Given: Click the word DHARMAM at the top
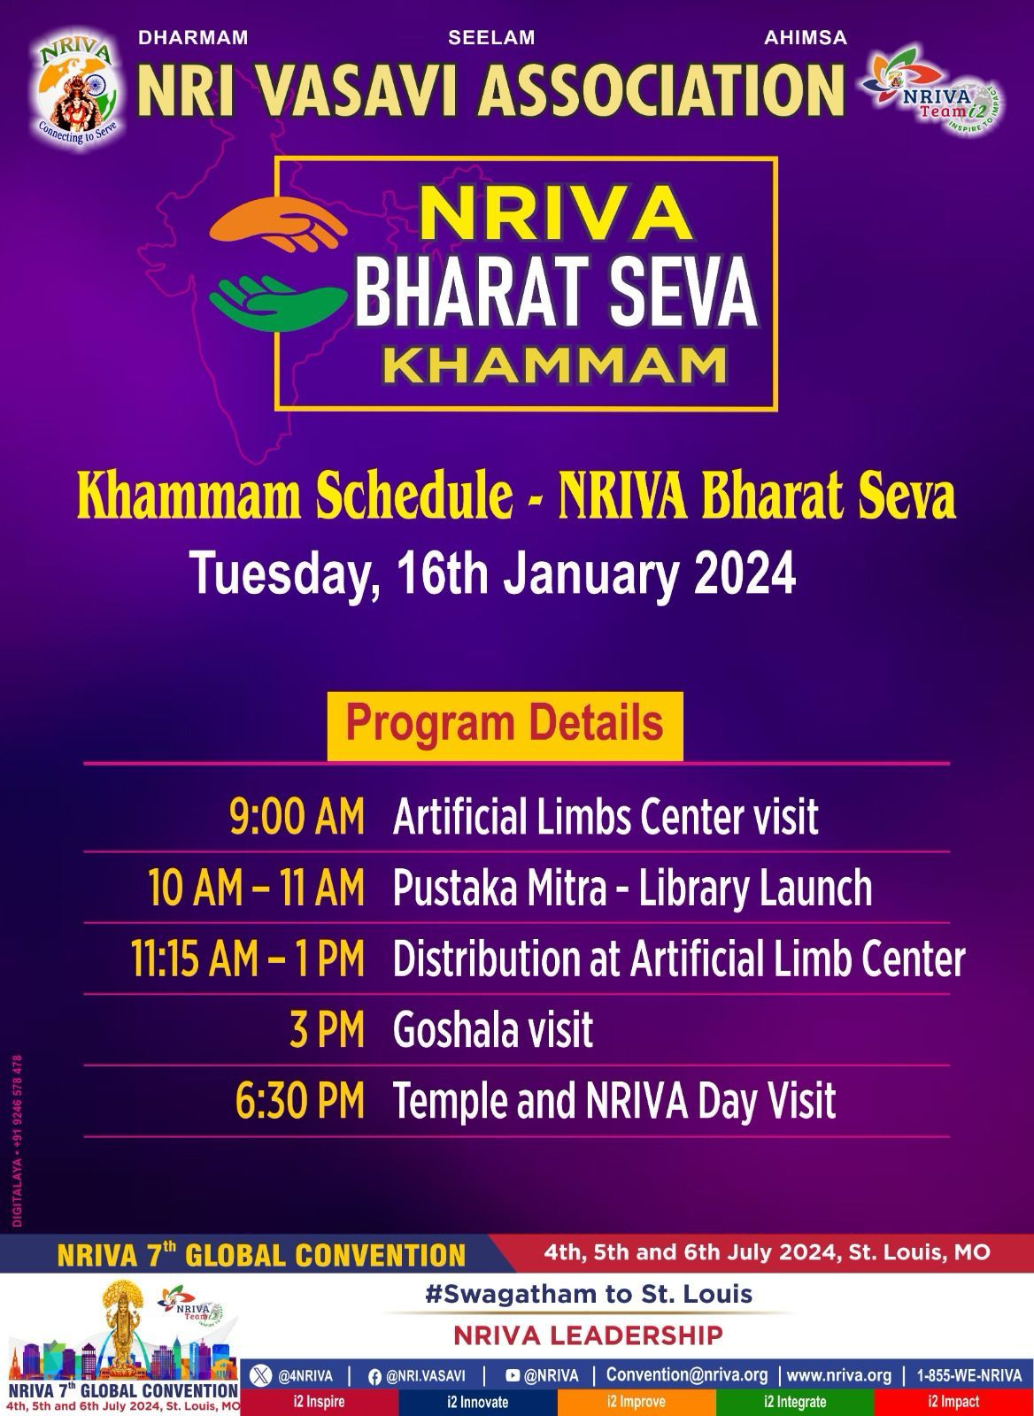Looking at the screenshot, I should point(193,38).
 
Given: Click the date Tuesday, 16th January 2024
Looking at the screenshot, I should point(494,573).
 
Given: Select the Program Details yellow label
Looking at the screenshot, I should point(505,723).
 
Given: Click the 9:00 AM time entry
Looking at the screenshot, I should point(297,817).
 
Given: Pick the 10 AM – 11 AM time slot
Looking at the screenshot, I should point(257,888).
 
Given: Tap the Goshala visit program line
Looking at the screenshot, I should point(493,1030).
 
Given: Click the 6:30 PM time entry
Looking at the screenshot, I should point(299,1101).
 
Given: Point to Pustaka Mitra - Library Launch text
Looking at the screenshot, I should point(632,888).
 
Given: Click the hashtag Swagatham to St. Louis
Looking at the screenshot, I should point(589,1295).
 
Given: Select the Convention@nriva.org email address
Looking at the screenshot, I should point(687,1375).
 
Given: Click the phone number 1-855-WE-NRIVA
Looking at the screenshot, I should point(969,1375).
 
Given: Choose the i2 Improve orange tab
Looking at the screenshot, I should point(637,1402).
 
